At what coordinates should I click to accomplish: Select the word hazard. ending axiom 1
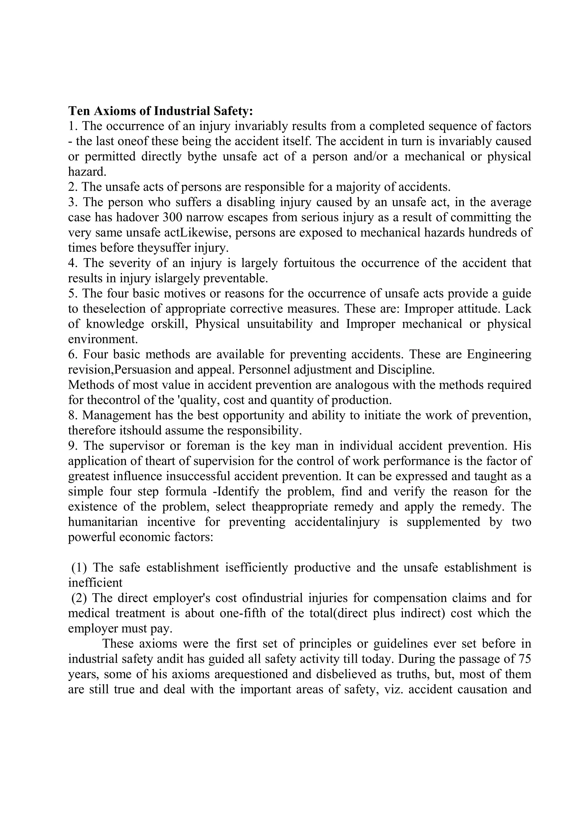point(87,172)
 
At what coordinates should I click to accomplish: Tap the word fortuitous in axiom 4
point(309,263)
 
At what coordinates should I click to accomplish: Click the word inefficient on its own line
point(95,583)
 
